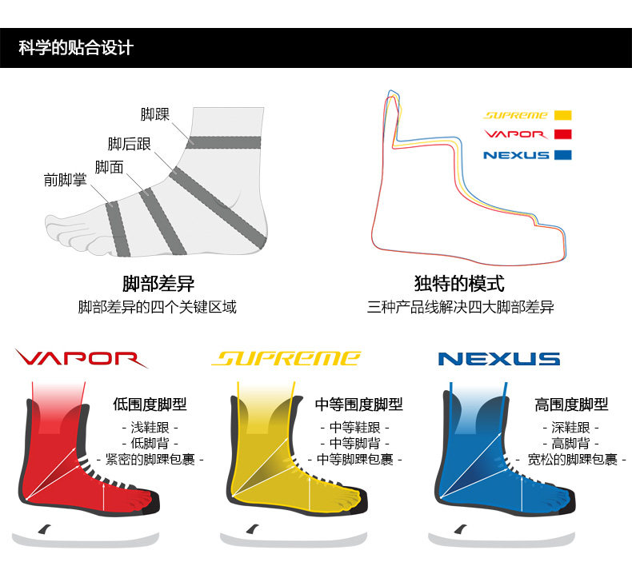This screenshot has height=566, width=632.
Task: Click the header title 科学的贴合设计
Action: point(76,48)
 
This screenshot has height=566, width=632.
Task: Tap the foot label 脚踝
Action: point(155,114)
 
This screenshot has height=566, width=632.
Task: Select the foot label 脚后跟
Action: point(130,144)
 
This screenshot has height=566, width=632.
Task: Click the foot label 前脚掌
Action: point(65,181)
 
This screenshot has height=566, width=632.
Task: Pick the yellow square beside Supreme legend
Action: point(562,115)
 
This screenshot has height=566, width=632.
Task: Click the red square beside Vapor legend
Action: point(562,134)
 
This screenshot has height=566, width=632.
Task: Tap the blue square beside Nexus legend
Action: point(562,154)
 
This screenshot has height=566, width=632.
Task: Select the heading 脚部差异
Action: point(158,284)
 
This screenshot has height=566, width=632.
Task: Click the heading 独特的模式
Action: point(459,284)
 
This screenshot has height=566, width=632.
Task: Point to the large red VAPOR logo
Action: point(80,359)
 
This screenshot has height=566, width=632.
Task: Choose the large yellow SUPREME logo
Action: point(286,358)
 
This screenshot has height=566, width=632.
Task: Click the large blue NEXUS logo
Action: point(498,359)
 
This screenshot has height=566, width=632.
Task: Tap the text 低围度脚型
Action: point(150,405)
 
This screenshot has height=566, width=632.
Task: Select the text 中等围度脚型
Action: point(359,405)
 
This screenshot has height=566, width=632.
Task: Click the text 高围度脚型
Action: point(571,405)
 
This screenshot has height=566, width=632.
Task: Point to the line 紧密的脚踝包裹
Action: point(150,459)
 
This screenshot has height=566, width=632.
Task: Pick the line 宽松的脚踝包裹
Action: point(571,459)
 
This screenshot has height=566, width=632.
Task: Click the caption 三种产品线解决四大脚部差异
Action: point(460,307)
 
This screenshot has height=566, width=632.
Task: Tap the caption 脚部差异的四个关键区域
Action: point(158,307)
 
